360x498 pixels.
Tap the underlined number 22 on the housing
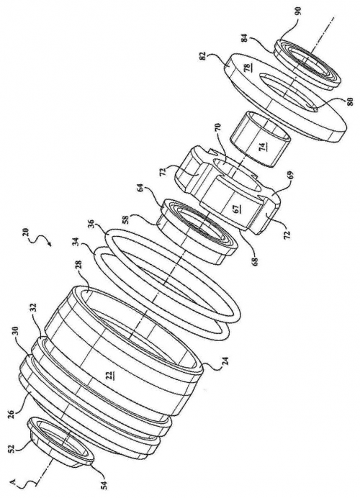(109, 376)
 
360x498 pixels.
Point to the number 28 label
(78, 265)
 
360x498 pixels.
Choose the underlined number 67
(235, 209)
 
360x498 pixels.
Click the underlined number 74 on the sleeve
(263, 146)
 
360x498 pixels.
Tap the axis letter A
(13, 472)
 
